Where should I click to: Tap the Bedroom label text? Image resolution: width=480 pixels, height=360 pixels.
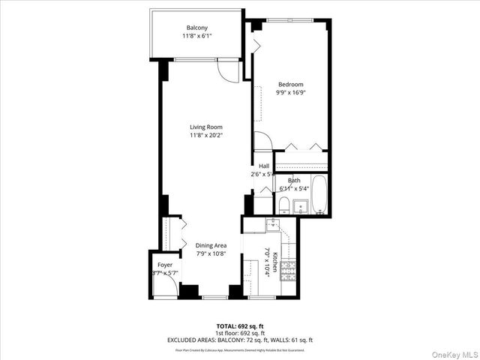pos(290,84)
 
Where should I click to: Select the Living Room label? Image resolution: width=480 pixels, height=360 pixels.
pos(205,127)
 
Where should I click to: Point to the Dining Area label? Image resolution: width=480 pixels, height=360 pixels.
pos(211,245)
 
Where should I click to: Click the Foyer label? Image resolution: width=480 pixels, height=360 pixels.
pos(164,265)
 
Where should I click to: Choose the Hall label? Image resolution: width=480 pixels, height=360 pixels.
pos(264,166)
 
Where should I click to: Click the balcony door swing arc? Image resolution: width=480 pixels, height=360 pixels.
pos(223,70)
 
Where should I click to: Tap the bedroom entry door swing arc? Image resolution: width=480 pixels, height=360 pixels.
pos(262,140)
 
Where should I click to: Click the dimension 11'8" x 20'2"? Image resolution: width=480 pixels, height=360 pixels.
pos(205,136)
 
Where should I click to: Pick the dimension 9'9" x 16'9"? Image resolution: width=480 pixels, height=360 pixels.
pos(290,93)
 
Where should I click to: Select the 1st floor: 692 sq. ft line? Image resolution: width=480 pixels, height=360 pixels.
pos(239,332)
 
